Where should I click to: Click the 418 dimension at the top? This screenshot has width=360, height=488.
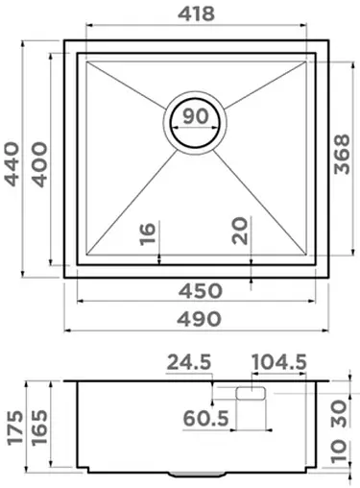click(197, 14)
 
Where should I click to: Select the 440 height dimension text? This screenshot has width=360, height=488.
click(13, 166)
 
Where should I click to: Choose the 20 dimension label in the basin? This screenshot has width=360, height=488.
click(239, 232)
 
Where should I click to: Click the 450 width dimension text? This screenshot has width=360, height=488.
click(197, 290)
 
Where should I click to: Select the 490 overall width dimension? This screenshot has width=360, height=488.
click(197, 318)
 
